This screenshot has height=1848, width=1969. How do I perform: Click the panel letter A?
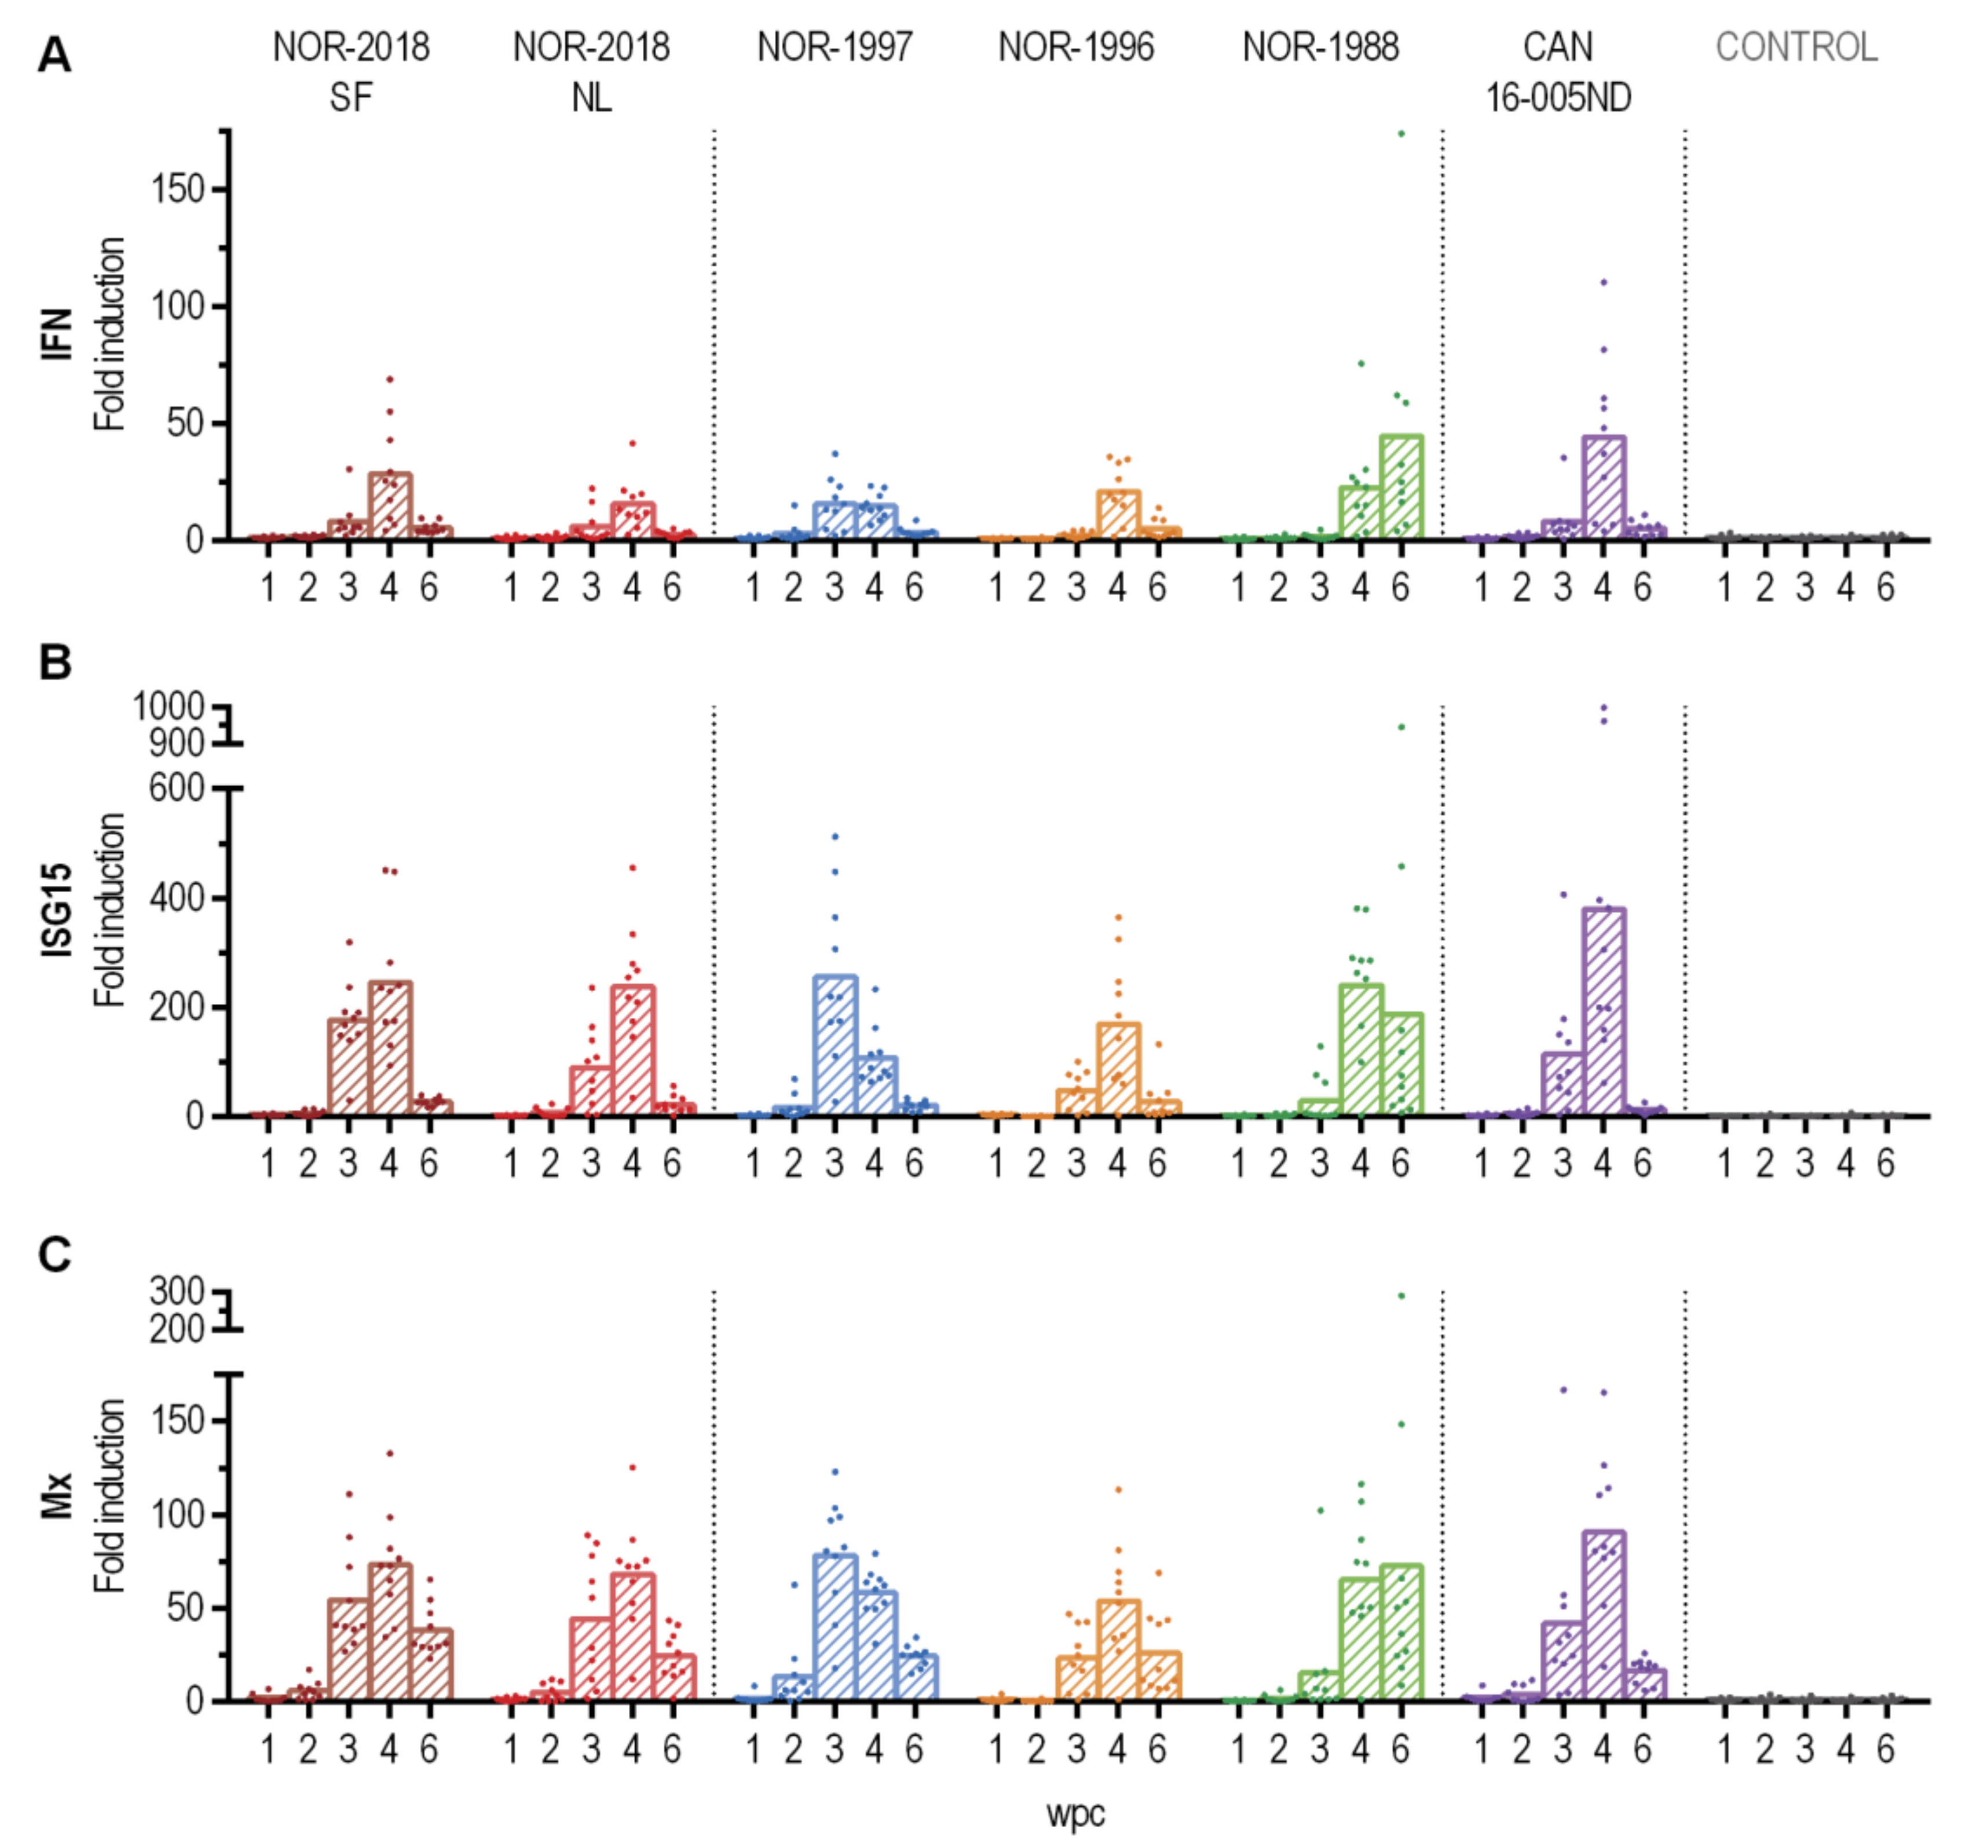click(x=54, y=54)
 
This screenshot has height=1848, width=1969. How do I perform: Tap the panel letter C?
click(x=54, y=1254)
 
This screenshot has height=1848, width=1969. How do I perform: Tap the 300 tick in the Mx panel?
click(x=176, y=1292)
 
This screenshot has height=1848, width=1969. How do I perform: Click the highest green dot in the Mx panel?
click(x=1400, y=1295)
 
